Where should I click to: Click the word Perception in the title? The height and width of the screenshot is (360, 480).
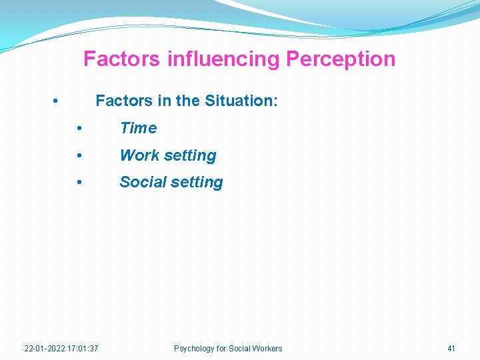point(340,59)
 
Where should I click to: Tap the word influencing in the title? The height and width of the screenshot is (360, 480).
point(223,59)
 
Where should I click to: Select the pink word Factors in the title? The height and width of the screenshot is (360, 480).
point(121,59)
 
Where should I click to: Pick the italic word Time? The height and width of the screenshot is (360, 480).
point(138,128)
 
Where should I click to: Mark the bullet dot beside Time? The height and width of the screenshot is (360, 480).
point(79,128)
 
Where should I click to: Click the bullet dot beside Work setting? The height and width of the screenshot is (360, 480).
point(79,155)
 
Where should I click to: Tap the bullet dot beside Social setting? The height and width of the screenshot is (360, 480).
point(79,182)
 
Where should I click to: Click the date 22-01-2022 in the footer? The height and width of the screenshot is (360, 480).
point(44,349)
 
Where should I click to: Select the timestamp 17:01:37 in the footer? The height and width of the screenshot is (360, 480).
point(83,349)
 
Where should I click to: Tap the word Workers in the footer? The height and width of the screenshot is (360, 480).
point(267,349)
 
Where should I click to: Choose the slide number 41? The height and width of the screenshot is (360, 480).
point(451,349)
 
